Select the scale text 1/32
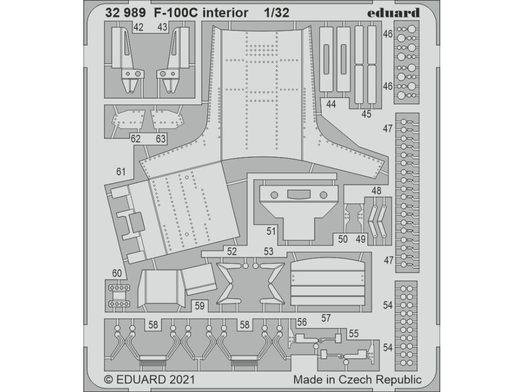[277, 13]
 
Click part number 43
[162, 27]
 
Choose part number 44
[331, 104]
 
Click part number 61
[121, 171]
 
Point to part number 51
[271, 231]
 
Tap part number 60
[117, 274]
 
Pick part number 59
[200, 306]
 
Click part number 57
[327, 317]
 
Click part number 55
[354, 333]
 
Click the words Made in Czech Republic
[357, 379]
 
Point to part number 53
[268, 251]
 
